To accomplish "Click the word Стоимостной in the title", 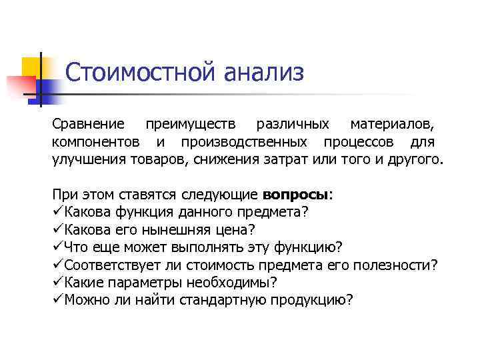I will point(141,72).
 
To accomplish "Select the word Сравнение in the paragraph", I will point(88,125).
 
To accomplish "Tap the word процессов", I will point(359,142).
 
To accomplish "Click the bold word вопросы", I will point(295,195).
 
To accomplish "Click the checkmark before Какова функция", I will point(58,213).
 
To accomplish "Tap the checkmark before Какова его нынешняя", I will point(58,230).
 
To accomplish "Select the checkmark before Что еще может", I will point(58,247).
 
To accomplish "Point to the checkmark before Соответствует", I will point(58,265).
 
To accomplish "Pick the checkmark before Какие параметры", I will point(58,282).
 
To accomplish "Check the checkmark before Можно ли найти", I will point(58,299).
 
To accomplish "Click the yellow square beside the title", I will point(33,67).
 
